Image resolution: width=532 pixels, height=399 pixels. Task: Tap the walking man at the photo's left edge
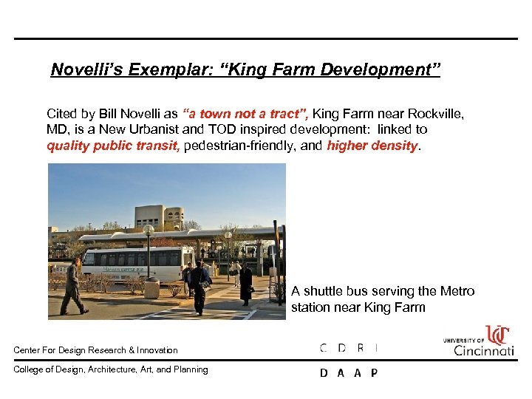tap(73, 287)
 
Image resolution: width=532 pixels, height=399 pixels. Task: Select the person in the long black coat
tap(245, 282)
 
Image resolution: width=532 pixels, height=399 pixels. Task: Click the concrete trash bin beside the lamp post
tap(151, 288)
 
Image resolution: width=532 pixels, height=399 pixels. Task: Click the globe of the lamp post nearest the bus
tap(149, 231)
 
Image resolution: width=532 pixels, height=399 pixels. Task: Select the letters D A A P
tap(348, 373)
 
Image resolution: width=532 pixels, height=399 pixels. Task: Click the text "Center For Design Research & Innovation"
tap(96, 350)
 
